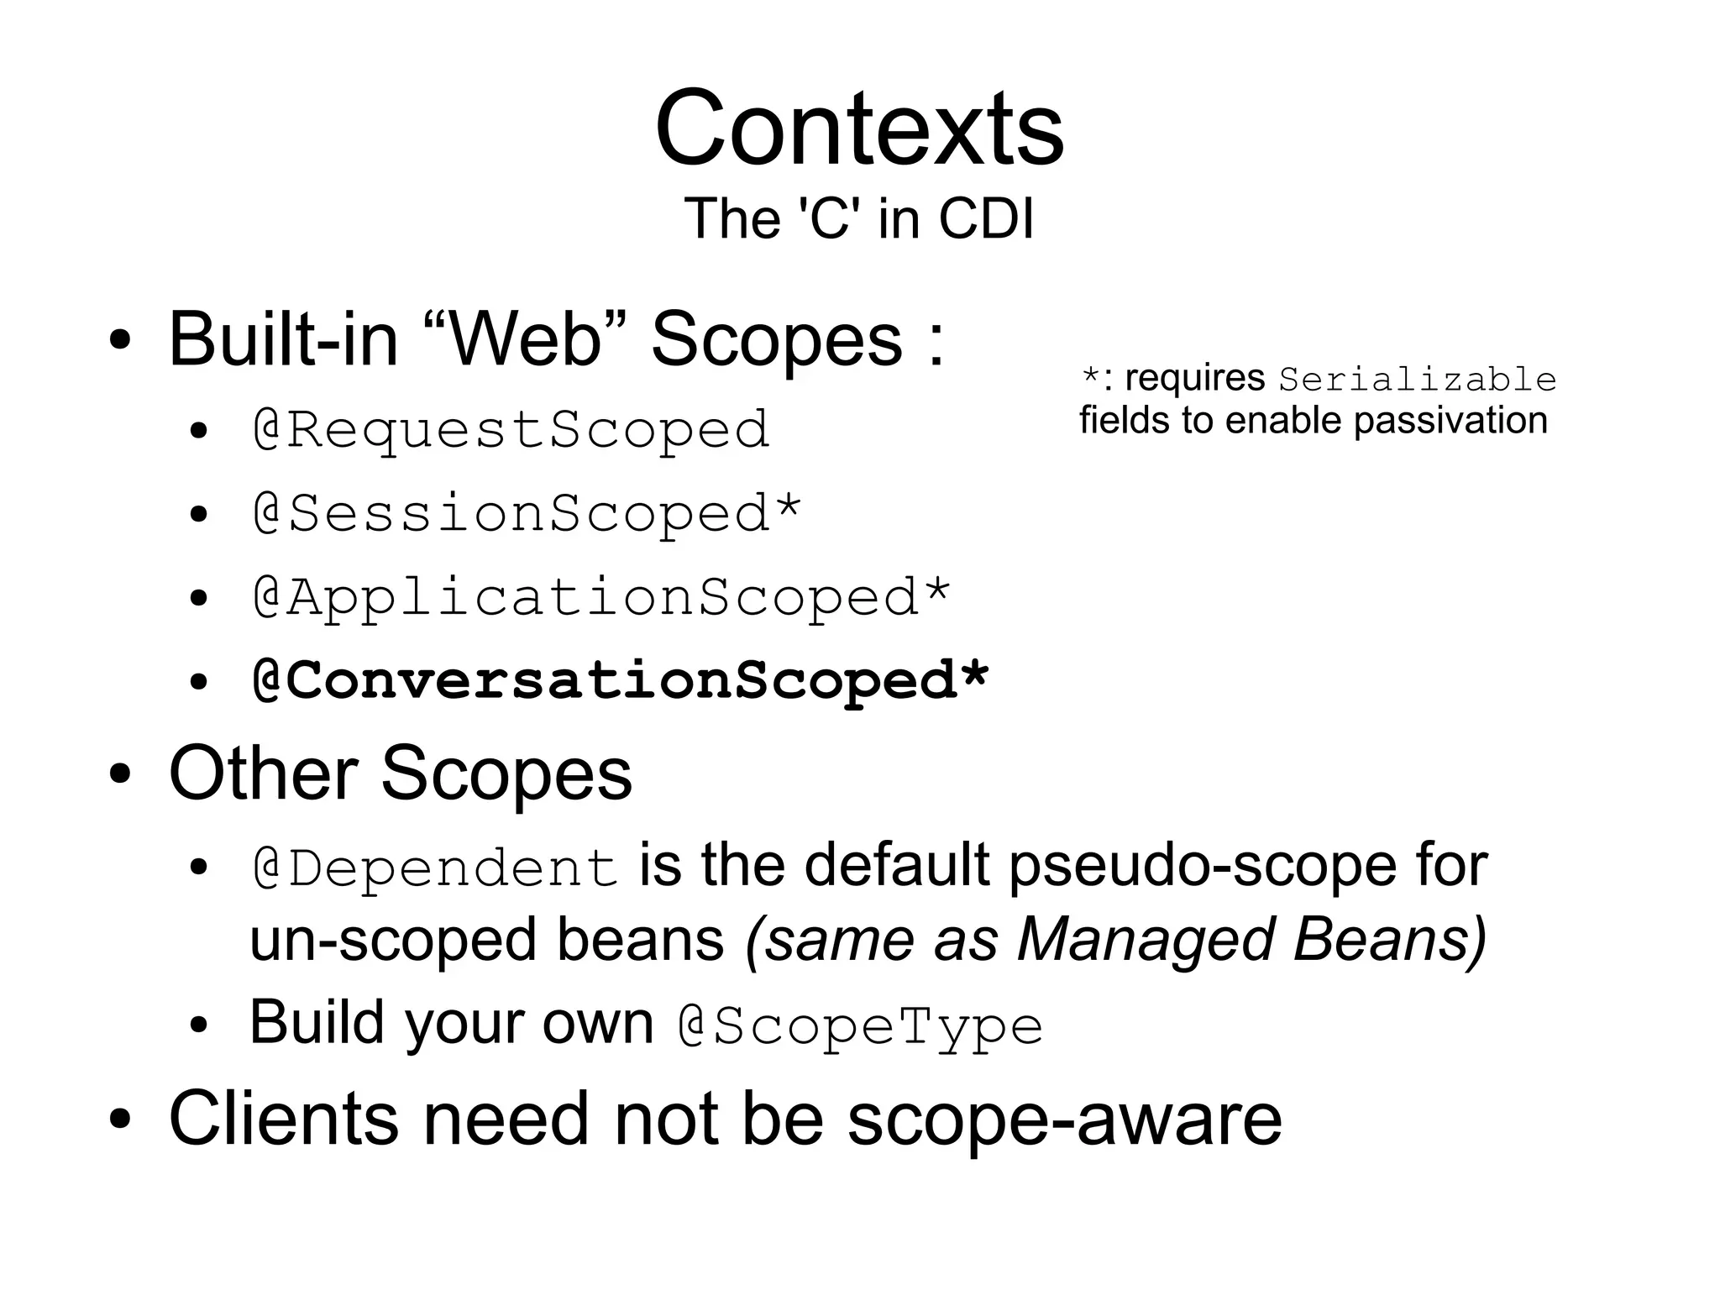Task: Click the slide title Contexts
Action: coord(859,128)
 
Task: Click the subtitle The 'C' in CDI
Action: coord(858,218)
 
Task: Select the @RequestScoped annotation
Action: coord(511,430)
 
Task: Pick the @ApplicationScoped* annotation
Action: coord(601,597)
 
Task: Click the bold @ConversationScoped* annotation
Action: coord(621,679)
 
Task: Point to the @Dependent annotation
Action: coord(435,868)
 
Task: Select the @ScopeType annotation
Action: coord(860,1026)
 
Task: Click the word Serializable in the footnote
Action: coord(1417,380)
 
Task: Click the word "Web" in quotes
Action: coord(526,339)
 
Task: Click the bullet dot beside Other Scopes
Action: coord(120,774)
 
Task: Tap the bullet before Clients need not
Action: coord(120,1120)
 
